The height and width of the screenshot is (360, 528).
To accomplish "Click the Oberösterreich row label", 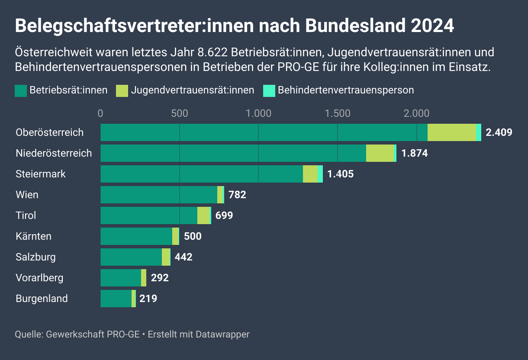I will pos(49,132).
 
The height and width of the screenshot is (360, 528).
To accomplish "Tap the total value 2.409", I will pos(499,132).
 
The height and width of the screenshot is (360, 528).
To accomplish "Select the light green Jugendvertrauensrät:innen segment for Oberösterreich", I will pos(451,132).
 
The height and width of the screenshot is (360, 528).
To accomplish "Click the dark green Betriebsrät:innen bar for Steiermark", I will pos(201,174).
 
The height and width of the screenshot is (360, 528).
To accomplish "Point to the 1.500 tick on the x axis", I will pos(338,113).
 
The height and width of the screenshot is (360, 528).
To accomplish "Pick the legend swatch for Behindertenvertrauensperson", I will pos(269,90).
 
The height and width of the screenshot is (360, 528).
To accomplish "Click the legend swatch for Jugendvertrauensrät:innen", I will pos(122,90).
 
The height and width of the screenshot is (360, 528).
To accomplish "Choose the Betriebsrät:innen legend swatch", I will pos(21,90).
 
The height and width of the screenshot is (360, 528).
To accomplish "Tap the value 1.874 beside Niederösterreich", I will pos(415,153).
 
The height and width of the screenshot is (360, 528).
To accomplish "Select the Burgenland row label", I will pos(42,299).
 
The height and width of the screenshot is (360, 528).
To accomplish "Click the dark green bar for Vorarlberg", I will pos(121,278).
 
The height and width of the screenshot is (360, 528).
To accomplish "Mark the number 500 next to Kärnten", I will pos(193,236).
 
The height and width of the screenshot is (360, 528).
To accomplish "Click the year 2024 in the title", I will pos(432,26).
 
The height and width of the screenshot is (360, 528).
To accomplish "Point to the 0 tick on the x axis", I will pos(100,113).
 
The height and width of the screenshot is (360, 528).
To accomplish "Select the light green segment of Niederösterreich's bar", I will pos(380,153).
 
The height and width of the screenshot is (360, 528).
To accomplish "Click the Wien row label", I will pos(27,195).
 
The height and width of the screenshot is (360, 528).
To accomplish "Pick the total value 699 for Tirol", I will pos(224,215).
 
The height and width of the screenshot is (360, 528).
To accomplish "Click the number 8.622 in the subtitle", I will pos(212,53).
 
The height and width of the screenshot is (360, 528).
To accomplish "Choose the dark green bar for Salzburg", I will pos(131,257).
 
